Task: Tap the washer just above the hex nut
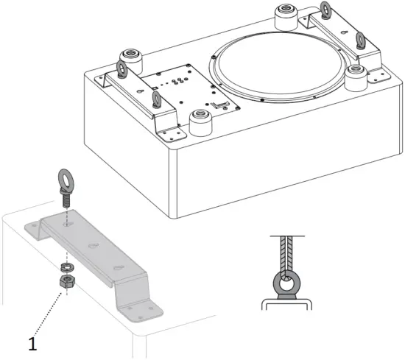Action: point(66,266)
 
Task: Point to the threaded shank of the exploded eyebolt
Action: point(66,199)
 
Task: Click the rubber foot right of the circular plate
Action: point(357,74)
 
